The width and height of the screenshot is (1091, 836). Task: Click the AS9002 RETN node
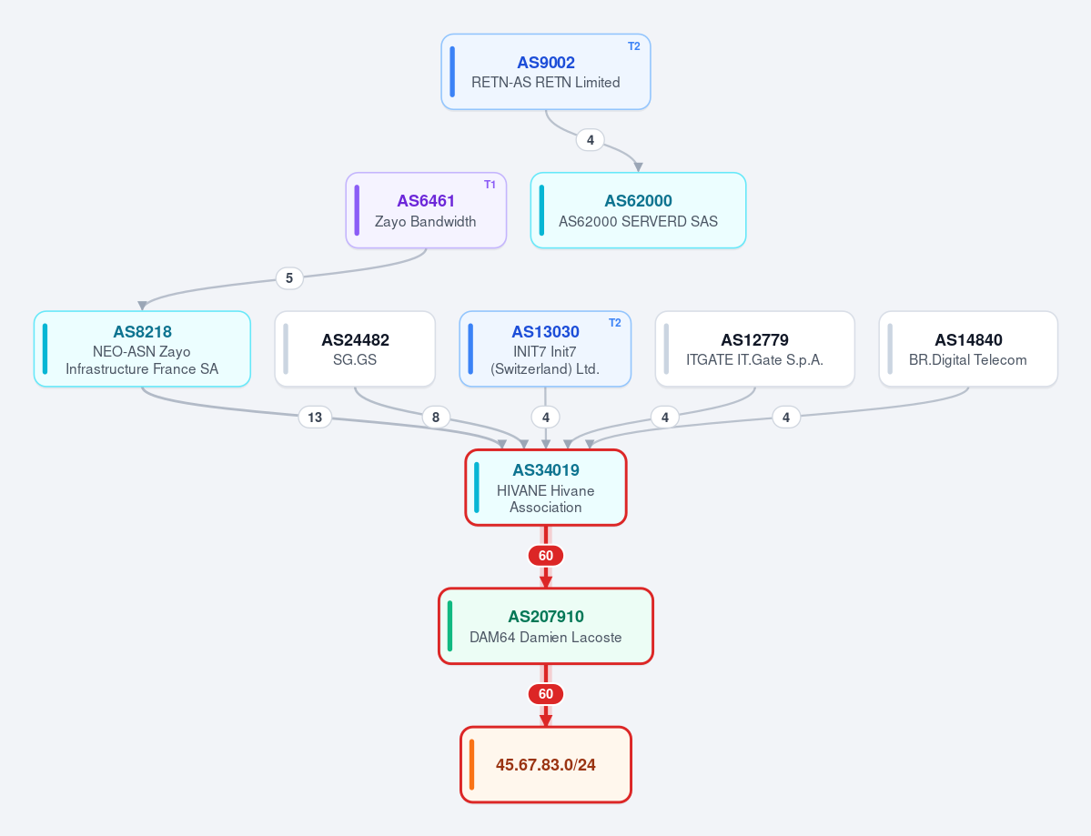[x=546, y=72]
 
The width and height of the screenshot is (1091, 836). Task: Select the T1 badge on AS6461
[x=490, y=185]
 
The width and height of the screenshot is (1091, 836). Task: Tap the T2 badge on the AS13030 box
[x=614, y=323]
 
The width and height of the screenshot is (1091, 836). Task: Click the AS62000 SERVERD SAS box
[x=638, y=210]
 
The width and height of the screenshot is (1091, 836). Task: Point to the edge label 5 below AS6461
[x=289, y=278]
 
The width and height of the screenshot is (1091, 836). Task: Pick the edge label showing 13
[x=315, y=418]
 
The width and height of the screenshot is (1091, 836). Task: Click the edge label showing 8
[x=436, y=418]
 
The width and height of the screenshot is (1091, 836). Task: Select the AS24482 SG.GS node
[x=355, y=348]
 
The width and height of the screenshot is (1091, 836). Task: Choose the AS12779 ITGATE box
[x=755, y=348]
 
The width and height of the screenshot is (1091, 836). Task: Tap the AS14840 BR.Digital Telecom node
[x=968, y=348]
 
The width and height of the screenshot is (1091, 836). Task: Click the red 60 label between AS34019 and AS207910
[x=546, y=556]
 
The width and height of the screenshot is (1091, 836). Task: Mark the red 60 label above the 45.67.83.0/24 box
[x=546, y=694]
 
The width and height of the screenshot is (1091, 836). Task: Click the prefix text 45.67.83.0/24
[x=546, y=765]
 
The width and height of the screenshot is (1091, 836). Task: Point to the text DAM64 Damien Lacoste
[x=546, y=637]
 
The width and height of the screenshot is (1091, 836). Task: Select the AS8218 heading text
[x=142, y=332]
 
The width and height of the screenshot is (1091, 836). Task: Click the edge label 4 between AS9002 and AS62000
[x=590, y=140]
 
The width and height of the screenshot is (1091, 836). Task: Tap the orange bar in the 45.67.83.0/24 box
[x=471, y=764]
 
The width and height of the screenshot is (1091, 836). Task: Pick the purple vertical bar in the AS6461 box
[x=357, y=210]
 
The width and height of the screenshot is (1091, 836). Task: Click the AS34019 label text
[x=546, y=470]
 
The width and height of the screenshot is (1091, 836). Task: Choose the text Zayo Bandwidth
[x=425, y=222]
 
